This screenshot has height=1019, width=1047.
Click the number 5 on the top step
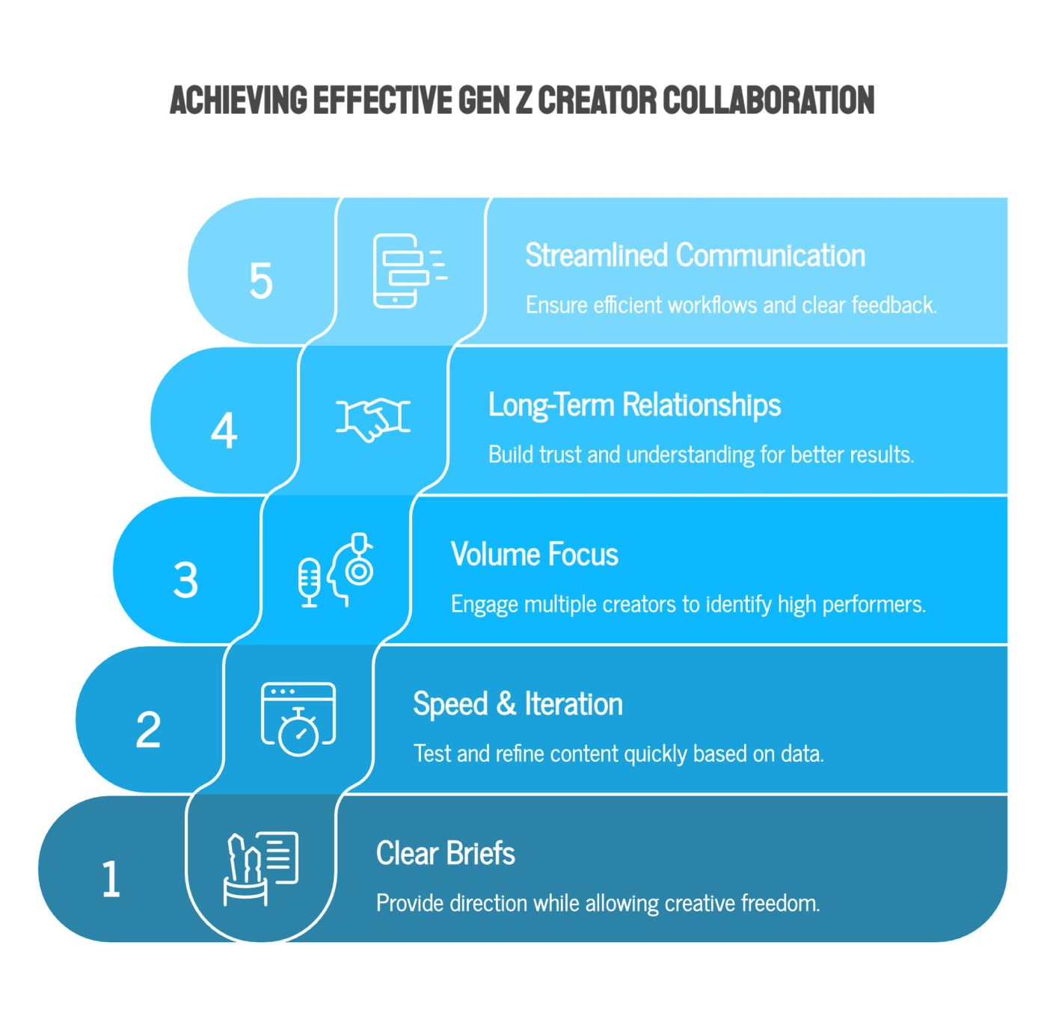click(x=261, y=281)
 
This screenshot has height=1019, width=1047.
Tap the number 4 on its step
click(x=224, y=431)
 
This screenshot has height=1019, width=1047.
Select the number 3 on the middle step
click(x=186, y=580)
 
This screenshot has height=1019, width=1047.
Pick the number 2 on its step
click(x=148, y=730)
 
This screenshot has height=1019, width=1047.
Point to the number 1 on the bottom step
click(x=111, y=879)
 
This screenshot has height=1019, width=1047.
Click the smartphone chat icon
click(x=408, y=271)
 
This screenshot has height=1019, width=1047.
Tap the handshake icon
click(x=373, y=419)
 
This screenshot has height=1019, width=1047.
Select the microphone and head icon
click(x=336, y=570)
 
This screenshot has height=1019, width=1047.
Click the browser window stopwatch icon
click(x=298, y=718)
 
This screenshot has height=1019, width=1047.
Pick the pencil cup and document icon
click(x=261, y=868)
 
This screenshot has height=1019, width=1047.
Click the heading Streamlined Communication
click(x=695, y=256)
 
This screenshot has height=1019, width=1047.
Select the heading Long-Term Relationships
click(x=634, y=405)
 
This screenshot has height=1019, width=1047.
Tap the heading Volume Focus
click(x=534, y=555)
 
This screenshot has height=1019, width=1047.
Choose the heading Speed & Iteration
click(x=518, y=704)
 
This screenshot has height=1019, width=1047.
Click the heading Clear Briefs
click(x=445, y=854)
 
